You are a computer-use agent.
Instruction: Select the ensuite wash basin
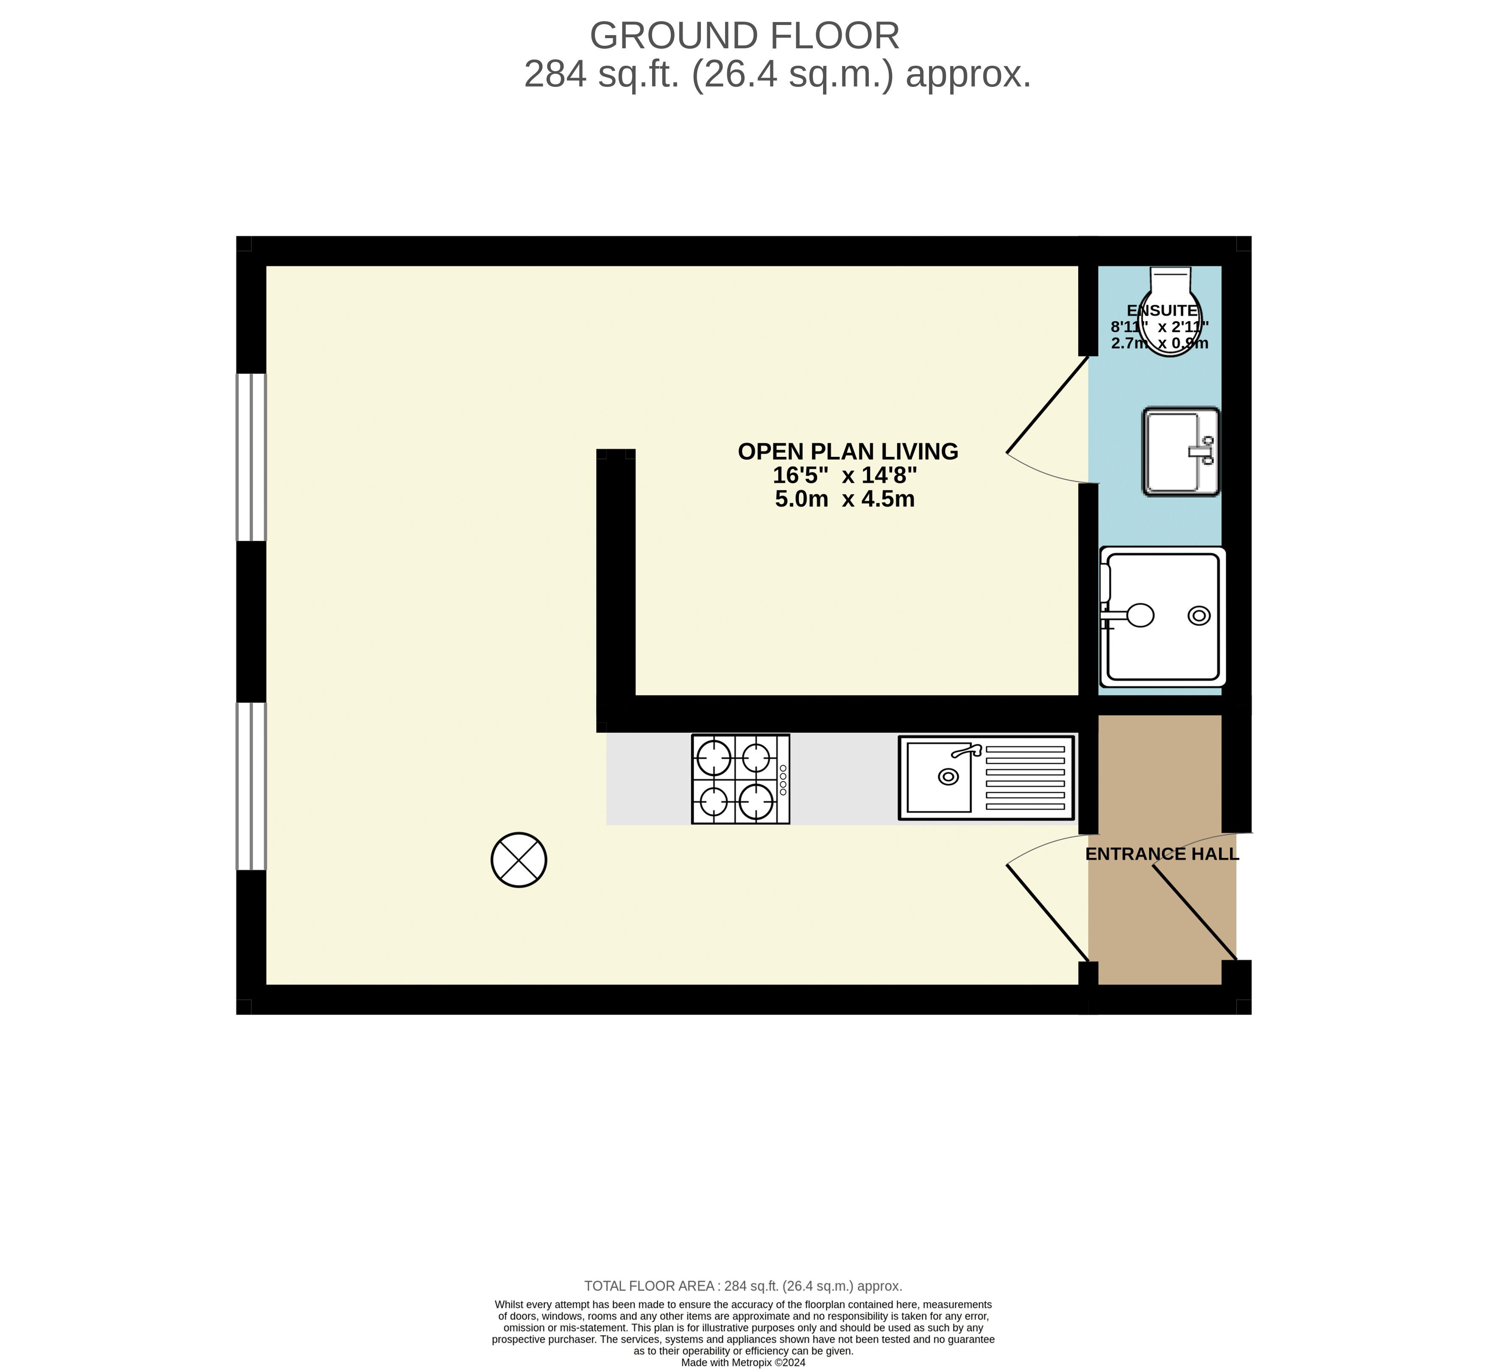1181,451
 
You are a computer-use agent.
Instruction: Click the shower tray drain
1199,615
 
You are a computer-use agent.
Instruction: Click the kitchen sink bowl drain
948,776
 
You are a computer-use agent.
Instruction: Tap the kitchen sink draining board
1025,778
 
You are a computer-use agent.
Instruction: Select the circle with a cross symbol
519,859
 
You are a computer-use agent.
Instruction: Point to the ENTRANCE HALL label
1162,854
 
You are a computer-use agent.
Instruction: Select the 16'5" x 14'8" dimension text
845,475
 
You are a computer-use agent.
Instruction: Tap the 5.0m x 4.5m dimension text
845,498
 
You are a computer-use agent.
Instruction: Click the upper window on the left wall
251,457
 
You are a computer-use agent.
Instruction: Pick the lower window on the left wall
251,786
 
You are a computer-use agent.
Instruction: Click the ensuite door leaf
1047,404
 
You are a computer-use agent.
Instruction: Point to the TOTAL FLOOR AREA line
743,1286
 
